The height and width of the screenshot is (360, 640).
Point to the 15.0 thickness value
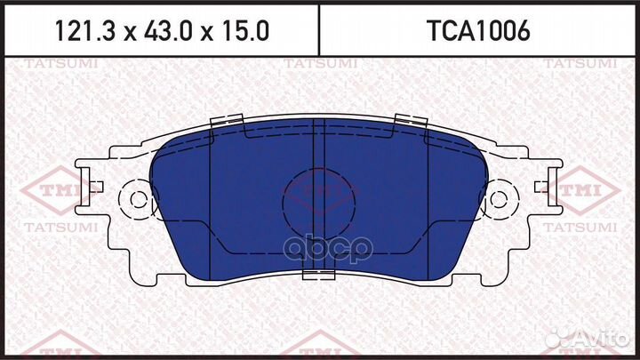click(242, 32)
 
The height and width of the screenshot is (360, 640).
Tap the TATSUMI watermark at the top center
click(320, 64)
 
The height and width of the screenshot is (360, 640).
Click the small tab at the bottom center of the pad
click(318, 275)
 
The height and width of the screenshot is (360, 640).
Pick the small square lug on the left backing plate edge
click(99, 186)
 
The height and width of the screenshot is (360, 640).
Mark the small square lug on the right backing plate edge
click(540, 186)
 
